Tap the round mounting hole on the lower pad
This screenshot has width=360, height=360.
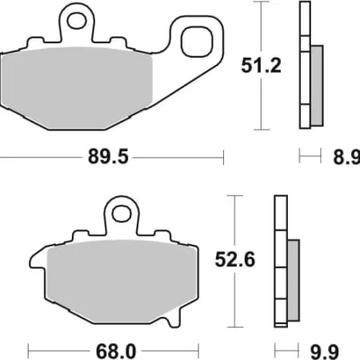[x=121, y=214]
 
